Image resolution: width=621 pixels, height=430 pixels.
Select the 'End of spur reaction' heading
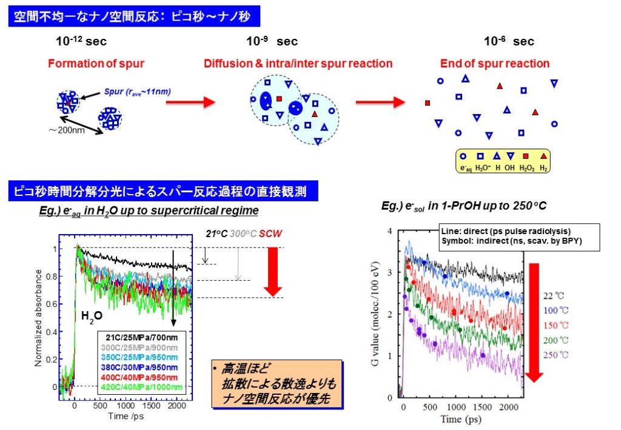tap(495, 64)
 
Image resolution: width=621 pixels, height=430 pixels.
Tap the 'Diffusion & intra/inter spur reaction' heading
tap(298, 64)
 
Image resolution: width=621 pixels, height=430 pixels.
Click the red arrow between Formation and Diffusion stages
tap(190, 102)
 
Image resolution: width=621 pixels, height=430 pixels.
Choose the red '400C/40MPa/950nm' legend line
tap(143, 377)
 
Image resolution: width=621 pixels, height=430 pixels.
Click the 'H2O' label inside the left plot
tap(92, 315)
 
